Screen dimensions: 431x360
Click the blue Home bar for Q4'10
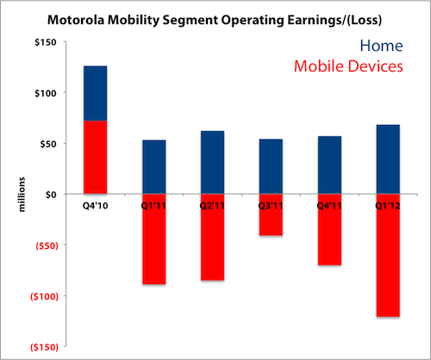(96, 93)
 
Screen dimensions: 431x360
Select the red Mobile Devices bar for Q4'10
(96, 158)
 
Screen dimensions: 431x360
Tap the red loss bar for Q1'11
(154, 239)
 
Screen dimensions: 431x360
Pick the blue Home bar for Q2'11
(213, 163)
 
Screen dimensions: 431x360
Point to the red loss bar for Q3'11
(271, 214)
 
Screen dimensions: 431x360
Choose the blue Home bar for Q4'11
(329, 165)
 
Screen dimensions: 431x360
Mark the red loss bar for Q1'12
(388, 256)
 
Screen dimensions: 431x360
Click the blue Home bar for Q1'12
(388, 159)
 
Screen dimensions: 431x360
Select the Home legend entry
(381, 46)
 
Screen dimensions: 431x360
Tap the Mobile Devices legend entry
(348, 66)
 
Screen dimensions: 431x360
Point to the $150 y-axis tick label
(46, 42)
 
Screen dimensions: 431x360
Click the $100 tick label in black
(46, 93)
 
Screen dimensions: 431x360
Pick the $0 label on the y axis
(51, 195)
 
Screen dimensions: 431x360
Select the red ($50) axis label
(47, 245)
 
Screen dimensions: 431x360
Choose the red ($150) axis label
(44, 347)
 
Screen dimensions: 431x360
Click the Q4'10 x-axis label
(96, 206)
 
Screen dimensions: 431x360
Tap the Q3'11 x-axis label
(271, 206)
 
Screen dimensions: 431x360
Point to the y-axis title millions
(22, 195)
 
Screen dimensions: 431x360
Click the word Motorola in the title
(76, 20)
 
